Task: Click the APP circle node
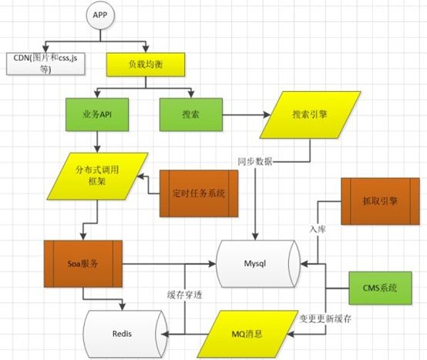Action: click(x=99, y=15)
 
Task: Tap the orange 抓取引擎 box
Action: click(x=378, y=200)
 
